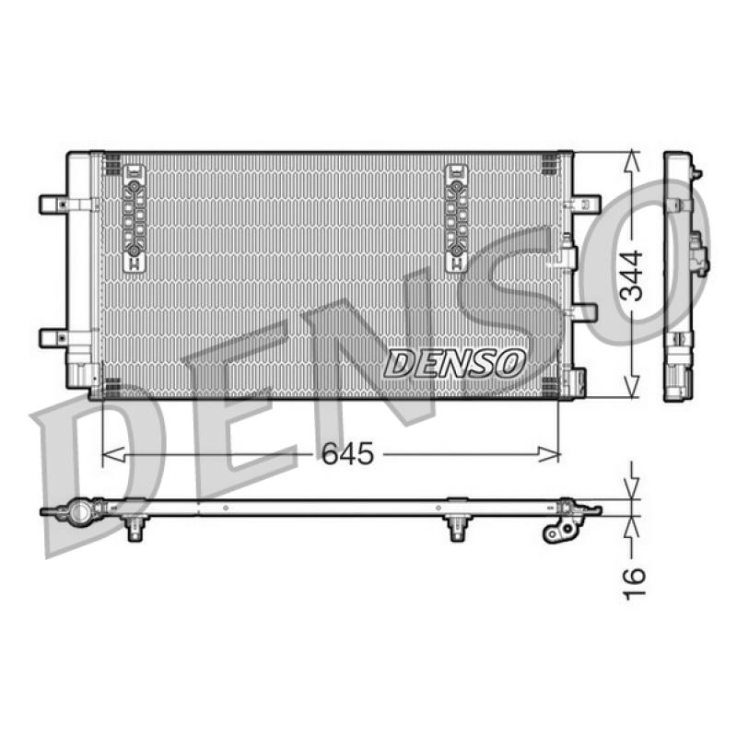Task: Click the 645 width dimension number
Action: [347, 453]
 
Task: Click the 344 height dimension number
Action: [631, 275]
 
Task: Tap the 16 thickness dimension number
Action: [634, 583]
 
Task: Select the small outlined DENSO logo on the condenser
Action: [454, 363]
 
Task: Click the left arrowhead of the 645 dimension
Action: [113, 454]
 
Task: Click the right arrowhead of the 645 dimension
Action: [549, 454]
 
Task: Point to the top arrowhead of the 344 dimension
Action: [633, 162]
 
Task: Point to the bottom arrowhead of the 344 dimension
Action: [633, 386]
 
